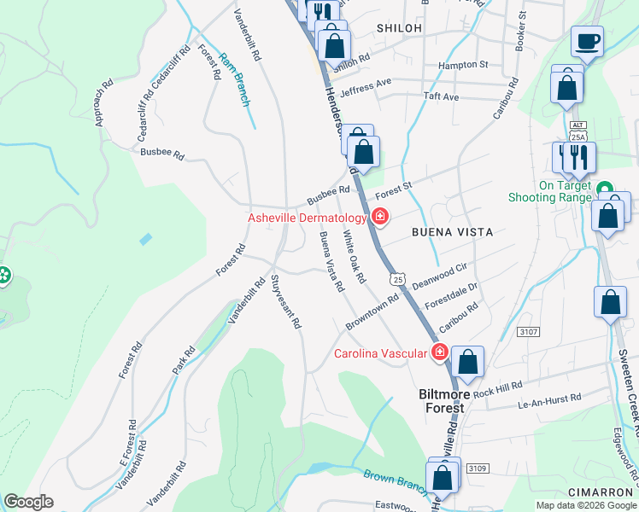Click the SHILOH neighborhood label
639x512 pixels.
tap(399, 28)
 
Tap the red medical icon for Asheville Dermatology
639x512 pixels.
tap(380, 218)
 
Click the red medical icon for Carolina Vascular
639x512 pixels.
tap(440, 352)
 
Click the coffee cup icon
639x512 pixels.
tap(587, 41)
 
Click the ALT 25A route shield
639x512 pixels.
tap(578, 131)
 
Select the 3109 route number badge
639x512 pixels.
tap(475, 468)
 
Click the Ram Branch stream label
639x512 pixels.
tap(235, 79)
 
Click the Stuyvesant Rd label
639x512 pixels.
tap(286, 301)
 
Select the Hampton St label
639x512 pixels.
tap(462, 65)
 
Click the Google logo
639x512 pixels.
tap(28, 502)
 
